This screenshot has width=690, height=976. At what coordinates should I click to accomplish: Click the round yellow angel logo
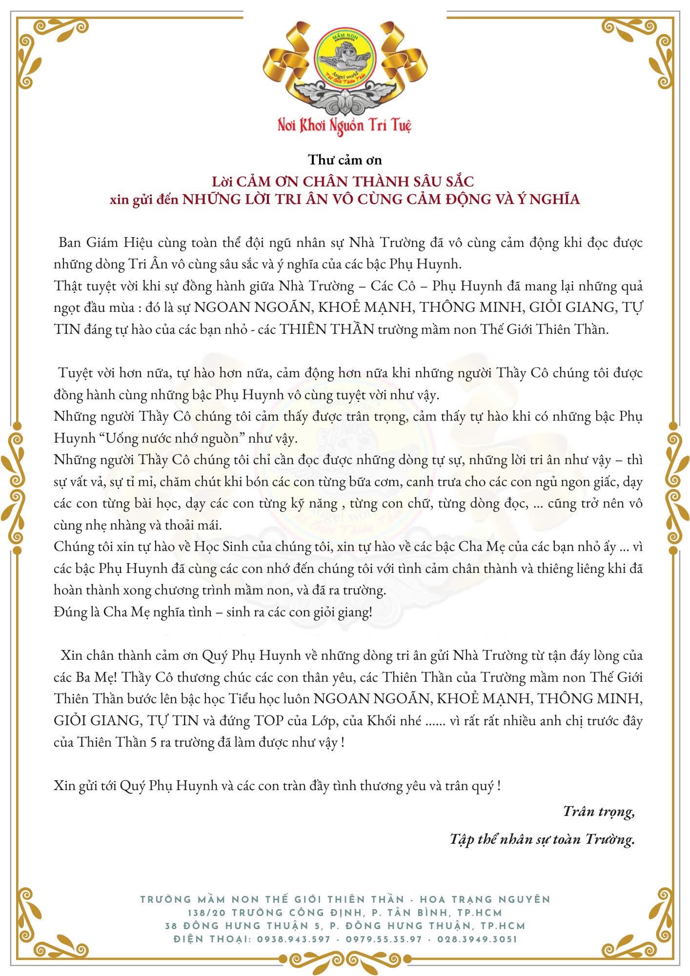[x=345, y=55]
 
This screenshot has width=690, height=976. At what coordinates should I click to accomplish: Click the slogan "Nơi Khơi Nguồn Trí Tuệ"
[x=345, y=124]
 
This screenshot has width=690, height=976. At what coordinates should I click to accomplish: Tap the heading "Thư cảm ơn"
[x=345, y=160]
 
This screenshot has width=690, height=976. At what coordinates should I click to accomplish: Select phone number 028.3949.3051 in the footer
[x=477, y=939]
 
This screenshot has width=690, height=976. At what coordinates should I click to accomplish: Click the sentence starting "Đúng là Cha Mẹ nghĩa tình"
[x=213, y=612]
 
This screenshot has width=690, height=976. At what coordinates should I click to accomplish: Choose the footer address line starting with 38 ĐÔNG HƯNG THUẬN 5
[x=345, y=926]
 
